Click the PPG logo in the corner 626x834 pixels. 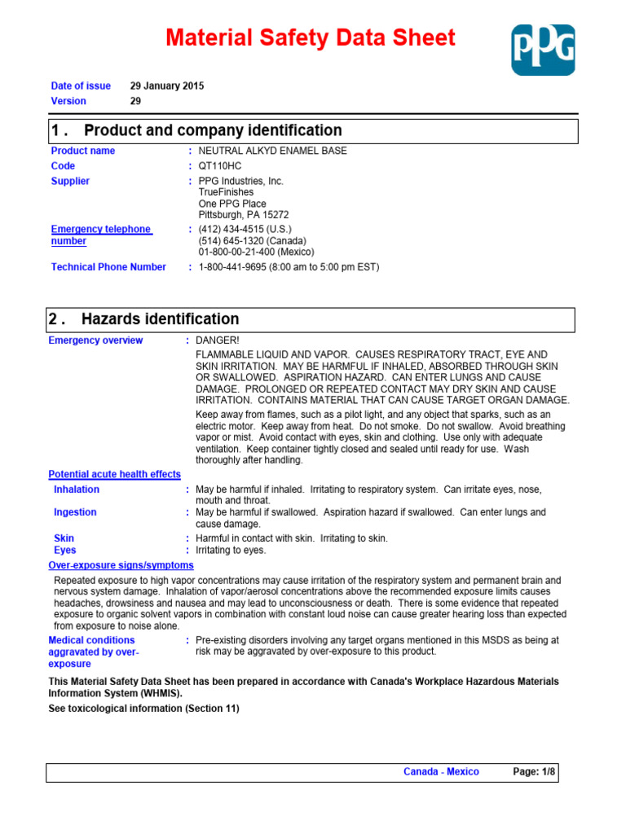(x=543, y=50)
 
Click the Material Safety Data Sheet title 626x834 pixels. (x=311, y=37)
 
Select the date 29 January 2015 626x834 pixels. (x=167, y=86)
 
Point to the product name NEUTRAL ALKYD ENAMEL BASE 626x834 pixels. (x=272, y=151)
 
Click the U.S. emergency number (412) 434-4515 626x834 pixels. (x=245, y=230)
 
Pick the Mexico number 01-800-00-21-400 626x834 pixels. (x=256, y=252)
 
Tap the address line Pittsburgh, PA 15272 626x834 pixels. (x=244, y=215)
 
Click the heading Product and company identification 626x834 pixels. (x=213, y=130)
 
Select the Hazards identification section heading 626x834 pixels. (x=161, y=319)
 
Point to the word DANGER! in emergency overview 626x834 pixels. (x=218, y=340)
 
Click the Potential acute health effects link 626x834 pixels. (x=114, y=474)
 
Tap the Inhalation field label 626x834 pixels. (x=77, y=489)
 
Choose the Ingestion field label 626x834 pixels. (x=75, y=512)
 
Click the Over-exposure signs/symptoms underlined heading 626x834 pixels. (x=121, y=565)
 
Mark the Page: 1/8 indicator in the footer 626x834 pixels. (x=535, y=771)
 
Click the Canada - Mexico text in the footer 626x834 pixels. (x=441, y=771)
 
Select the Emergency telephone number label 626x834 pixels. (x=101, y=235)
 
